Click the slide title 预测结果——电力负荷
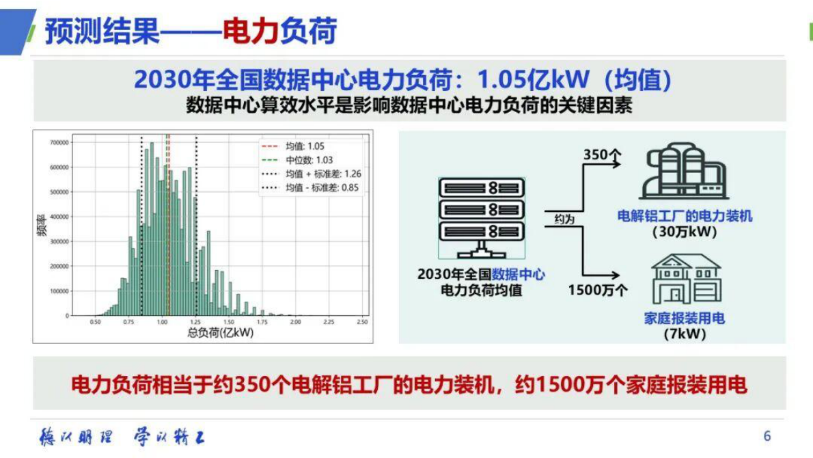[191, 31]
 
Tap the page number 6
[767, 436]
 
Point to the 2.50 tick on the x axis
[362, 322]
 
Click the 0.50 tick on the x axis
[96, 322]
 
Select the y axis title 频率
[42, 228]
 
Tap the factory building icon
[684, 172]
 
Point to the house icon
[685, 280]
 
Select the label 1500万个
[598, 290]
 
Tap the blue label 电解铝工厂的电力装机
[685, 216]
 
